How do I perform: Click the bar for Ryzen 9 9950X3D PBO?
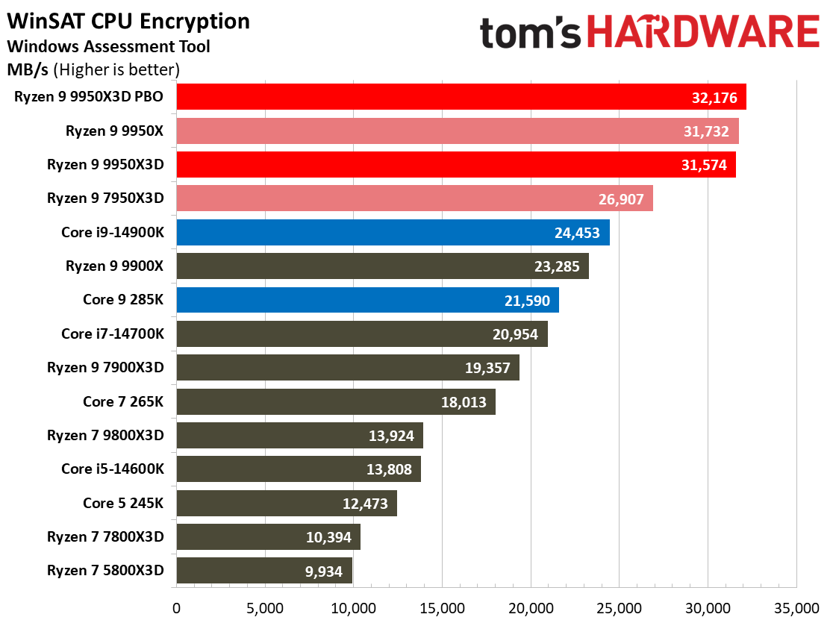click(x=461, y=96)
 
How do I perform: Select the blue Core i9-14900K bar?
click(x=393, y=232)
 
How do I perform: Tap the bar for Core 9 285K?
click(x=368, y=300)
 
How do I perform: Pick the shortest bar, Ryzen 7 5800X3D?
click(x=264, y=571)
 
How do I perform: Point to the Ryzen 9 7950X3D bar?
click(x=415, y=198)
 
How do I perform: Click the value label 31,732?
click(x=706, y=131)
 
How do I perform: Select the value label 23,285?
click(x=557, y=266)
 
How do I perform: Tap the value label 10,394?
click(x=328, y=537)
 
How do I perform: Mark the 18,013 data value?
click(x=464, y=402)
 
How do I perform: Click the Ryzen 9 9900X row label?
click(x=114, y=266)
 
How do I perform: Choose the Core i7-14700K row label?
click(x=113, y=334)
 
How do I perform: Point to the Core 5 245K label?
click(x=123, y=503)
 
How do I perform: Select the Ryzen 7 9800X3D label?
click(x=105, y=435)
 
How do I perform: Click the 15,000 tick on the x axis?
click(x=442, y=608)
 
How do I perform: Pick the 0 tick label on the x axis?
click(x=176, y=608)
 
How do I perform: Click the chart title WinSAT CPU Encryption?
click(x=128, y=21)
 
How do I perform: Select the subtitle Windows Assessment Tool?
click(x=108, y=46)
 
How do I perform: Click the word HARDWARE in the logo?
click(x=703, y=32)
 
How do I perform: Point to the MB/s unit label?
click(x=28, y=69)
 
